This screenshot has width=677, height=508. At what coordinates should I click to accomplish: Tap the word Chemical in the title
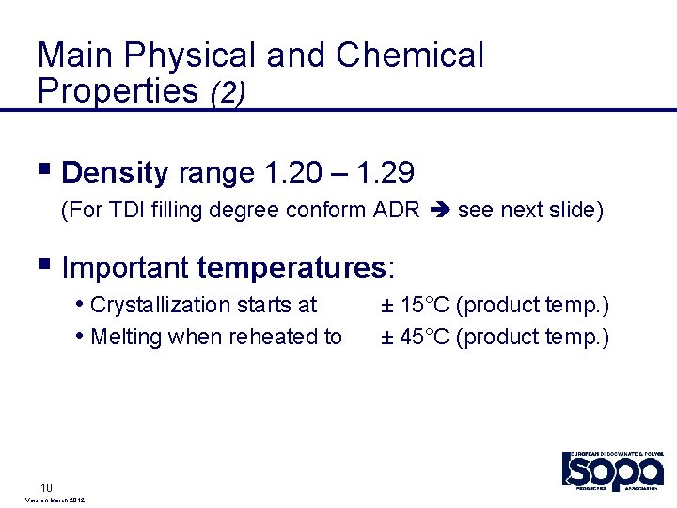410,56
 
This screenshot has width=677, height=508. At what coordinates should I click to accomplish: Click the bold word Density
115,173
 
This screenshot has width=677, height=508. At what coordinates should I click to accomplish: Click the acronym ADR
396,210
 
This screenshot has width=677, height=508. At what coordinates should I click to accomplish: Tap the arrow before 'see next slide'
438,210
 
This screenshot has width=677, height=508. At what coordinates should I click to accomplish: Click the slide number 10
45,487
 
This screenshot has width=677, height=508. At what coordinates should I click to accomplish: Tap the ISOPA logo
613,469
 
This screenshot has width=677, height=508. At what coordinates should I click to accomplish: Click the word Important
125,269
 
